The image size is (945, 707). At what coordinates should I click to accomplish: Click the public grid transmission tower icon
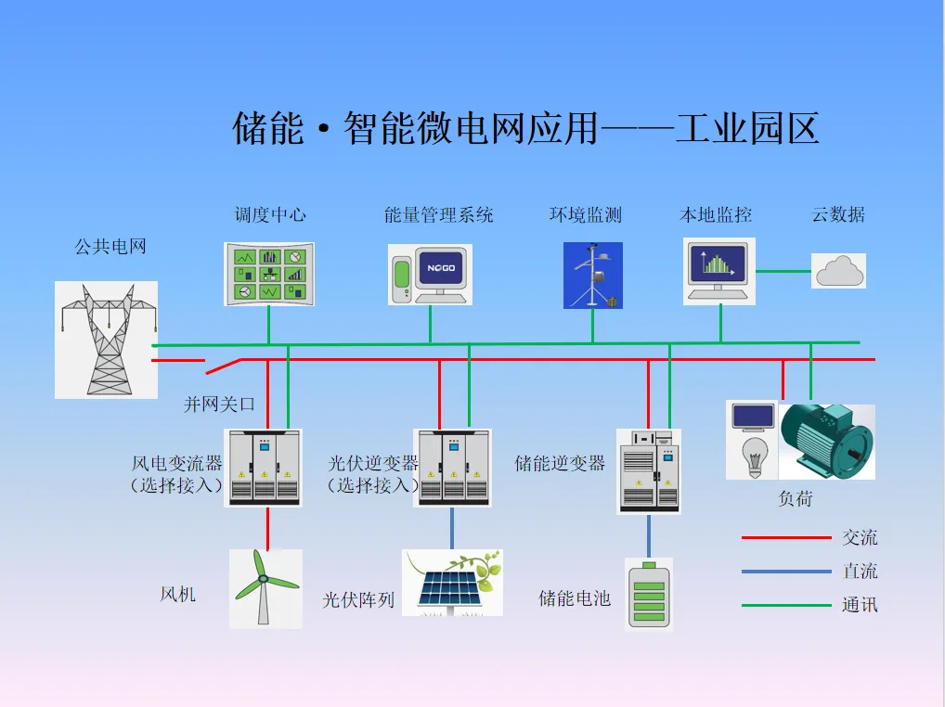coord(106,340)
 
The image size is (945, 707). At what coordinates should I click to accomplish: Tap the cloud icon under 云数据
coord(839,271)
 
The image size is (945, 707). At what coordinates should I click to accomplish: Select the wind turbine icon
coord(265,587)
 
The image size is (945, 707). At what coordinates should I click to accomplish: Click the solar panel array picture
coord(452,583)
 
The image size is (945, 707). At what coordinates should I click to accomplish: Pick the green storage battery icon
coord(649,594)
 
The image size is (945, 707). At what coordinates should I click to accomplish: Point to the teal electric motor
coord(825,441)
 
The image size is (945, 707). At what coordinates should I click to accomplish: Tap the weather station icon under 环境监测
coord(592,276)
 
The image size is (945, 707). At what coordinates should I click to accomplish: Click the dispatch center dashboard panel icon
coord(269,274)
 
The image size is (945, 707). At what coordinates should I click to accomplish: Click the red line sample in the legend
coord(785,538)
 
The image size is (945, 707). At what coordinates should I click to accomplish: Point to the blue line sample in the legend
coord(785,572)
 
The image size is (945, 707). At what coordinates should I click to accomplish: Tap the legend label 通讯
coord(860,605)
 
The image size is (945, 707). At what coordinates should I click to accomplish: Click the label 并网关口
coord(219,405)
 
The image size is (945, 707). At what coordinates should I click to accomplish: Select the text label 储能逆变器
coord(560,463)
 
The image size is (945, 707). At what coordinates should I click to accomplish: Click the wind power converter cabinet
coord(264,467)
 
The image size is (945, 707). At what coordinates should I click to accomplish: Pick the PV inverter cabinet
coord(453,467)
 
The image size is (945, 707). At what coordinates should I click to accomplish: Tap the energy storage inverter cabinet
coord(649,470)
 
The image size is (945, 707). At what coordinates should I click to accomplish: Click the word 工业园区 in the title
coord(747,129)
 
